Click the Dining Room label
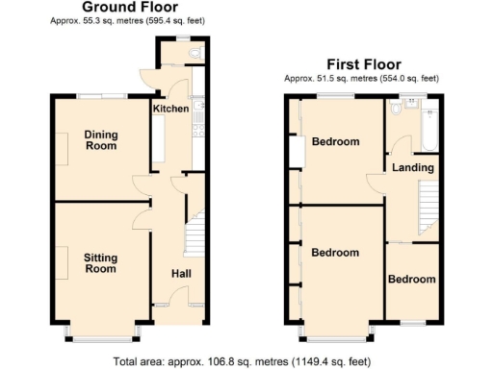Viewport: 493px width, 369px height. pyautogui.click(x=100, y=140)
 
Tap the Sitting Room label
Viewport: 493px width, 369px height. pyautogui.click(x=100, y=262)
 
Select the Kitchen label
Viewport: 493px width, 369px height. pyautogui.click(x=170, y=110)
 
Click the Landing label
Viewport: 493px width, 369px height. pyautogui.click(x=412, y=168)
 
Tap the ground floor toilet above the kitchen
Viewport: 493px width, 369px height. pyautogui.click(x=195, y=53)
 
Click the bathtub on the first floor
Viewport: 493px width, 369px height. pyautogui.click(x=429, y=130)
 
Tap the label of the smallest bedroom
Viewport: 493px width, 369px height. pyautogui.click(x=411, y=280)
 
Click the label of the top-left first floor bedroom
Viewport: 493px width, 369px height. pyautogui.click(x=334, y=142)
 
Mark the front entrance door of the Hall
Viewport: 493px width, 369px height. pyautogui.click(x=178, y=305)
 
